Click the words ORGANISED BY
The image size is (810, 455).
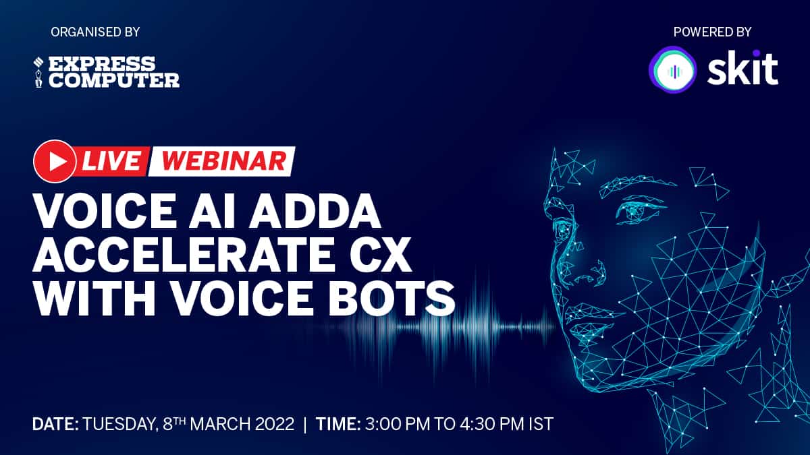[x=95, y=32]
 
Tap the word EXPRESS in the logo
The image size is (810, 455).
[x=102, y=63]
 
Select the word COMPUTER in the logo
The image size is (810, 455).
[x=114, y=80]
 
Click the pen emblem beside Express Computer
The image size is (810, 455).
[x=38, y=72]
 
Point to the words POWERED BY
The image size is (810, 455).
[x=712, y=32]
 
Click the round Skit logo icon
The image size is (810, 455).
[x=672, y=69]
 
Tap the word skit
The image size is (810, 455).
[x=742, y=68]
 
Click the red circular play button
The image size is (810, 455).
[x=55, y=161]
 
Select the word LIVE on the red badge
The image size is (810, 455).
[x=111, y=161]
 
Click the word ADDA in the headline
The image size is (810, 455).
[x=315, y=211]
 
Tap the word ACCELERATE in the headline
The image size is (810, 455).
[x=182, y=255]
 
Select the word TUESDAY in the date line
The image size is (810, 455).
[x=120, y=425]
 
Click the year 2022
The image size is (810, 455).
[x=275, y=424]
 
